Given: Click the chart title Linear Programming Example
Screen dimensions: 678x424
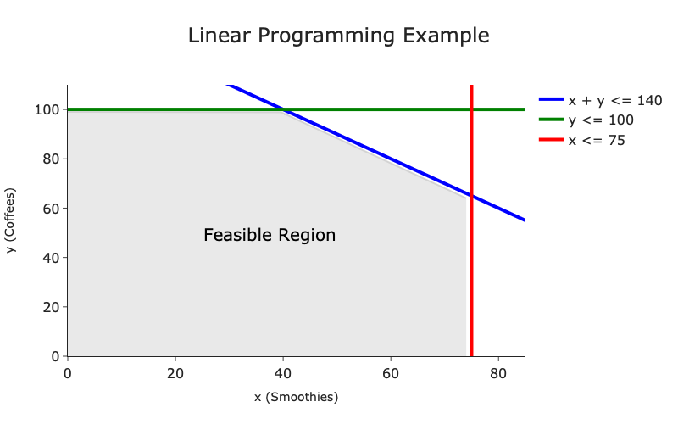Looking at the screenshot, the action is [338, 36].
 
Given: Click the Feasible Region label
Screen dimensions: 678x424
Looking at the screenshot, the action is [270, 235].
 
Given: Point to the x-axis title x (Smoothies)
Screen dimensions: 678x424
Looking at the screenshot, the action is [296, 397].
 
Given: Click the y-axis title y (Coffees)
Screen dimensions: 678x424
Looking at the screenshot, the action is [10, 220].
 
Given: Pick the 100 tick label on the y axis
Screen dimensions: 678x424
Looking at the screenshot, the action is [47, 110].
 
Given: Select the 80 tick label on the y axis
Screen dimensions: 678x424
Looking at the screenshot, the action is [51, 159].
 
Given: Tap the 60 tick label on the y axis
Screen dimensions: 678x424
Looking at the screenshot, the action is [51, 209].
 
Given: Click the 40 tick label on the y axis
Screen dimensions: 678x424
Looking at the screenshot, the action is [51, 258].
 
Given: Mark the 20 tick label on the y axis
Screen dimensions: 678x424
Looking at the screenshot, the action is [51, 307].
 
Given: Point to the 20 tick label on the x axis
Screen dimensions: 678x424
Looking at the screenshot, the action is [175, 373].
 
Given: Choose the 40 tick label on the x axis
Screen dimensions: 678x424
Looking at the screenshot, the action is [283, 373].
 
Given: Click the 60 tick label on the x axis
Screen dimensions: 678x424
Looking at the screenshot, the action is [391, 373].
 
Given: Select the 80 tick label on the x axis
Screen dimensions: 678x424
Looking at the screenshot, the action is [498, 373].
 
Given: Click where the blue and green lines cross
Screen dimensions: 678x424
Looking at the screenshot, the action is [283, 109].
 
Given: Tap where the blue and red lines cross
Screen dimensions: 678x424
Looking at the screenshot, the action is [471, 196].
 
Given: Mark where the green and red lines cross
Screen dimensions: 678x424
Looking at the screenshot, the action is [471, 109].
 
